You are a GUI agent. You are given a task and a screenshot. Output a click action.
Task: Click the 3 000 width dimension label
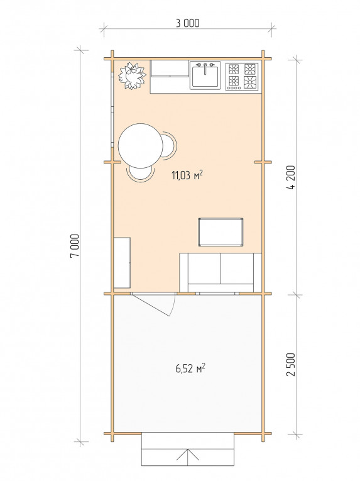187,23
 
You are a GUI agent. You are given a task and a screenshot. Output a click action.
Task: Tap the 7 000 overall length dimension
75,246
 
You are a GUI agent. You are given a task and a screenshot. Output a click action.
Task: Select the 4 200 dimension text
292,177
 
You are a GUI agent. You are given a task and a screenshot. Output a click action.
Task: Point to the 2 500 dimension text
292,365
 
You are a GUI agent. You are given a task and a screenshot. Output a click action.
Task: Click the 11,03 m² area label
187,175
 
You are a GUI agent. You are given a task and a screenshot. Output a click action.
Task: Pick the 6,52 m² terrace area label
190,368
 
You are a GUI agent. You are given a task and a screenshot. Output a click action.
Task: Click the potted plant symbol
132,76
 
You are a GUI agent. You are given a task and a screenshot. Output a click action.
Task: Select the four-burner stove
242,76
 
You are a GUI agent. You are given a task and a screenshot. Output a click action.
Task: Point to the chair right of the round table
170,146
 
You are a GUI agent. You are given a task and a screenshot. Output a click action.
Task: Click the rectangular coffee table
221,232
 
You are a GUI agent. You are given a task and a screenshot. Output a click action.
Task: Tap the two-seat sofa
221,272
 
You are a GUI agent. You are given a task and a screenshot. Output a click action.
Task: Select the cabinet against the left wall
122,263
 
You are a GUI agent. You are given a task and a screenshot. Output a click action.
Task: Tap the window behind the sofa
217,294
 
